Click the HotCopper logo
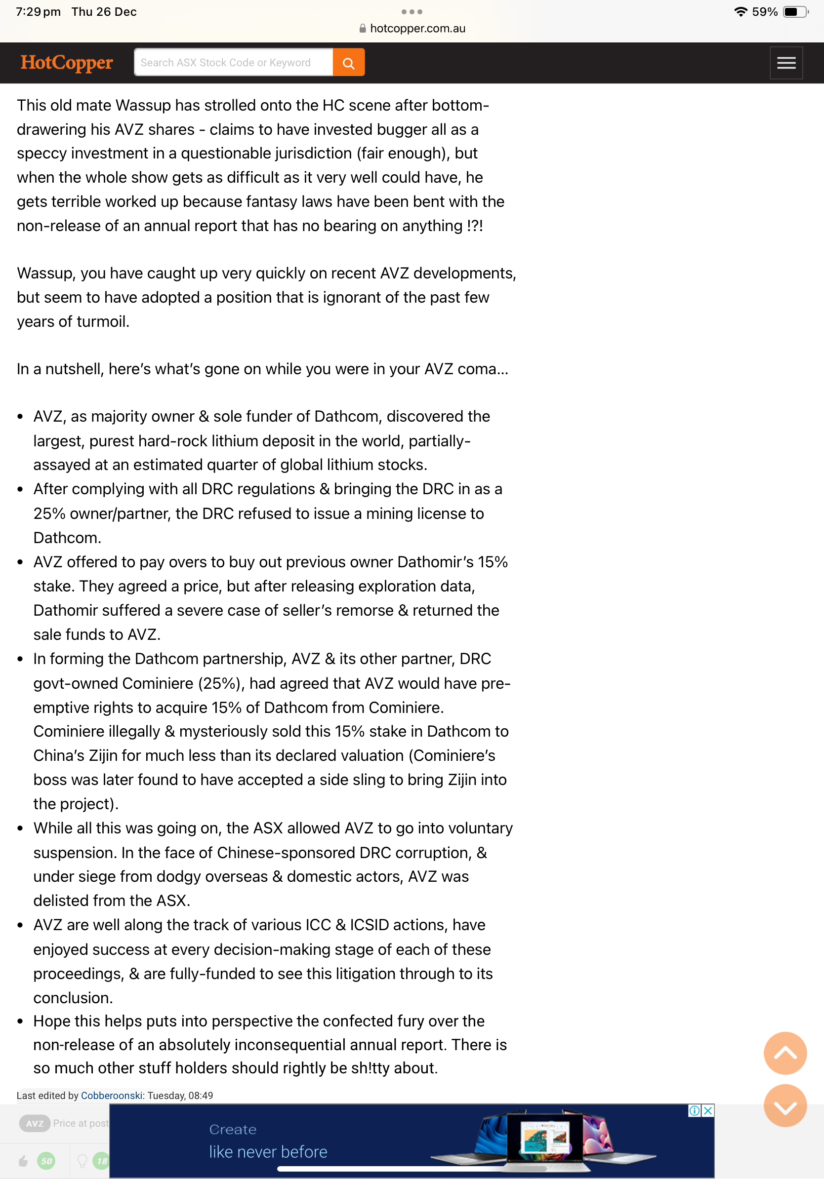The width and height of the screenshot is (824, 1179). coord(66,63)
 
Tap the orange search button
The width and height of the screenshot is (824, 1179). coord(348,63)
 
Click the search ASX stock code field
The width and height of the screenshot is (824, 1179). coord(233,63)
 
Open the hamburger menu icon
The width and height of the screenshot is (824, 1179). coord(785,63)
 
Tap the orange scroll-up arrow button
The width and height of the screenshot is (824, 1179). coord(784,1053)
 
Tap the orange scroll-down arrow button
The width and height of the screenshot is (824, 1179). coord(784,1105)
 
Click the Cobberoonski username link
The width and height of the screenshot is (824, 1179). coord(112,1095)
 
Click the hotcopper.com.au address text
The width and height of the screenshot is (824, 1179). coord(417,29)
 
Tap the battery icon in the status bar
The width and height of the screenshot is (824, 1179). coord(794,12)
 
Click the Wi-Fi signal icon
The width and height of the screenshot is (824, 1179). coord(740,12)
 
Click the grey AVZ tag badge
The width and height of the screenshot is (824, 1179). coord(35,1124)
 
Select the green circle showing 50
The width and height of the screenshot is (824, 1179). coord(46,1161)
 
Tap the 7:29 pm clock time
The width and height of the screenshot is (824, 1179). coord(38,12)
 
